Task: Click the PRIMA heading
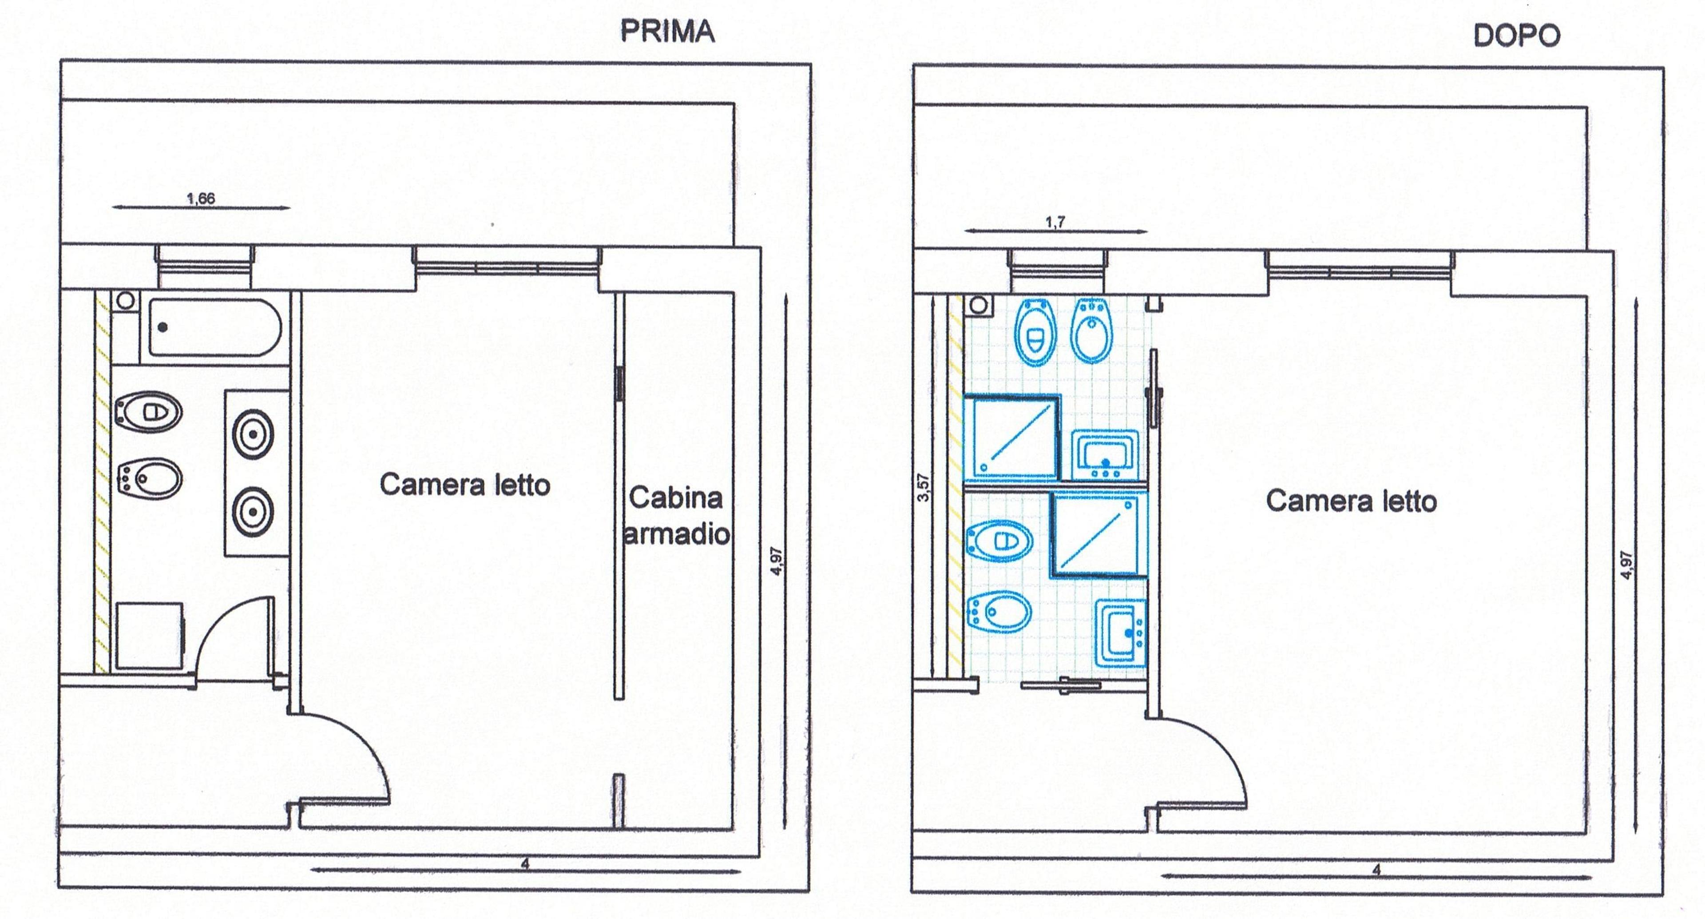click(667, 31)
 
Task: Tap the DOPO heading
click(1516, 35)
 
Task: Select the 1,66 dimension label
click(201, 199)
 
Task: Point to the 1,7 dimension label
click(1055, 222)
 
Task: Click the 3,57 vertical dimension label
click(924, 487)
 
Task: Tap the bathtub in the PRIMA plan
click(214, 327)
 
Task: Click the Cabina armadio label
click(676, 516)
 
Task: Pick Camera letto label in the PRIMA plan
click(464, 485)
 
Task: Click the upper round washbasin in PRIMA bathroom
click(253, 434)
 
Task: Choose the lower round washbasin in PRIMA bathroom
click(253, 512)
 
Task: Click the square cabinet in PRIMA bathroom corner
click(149, 636)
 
